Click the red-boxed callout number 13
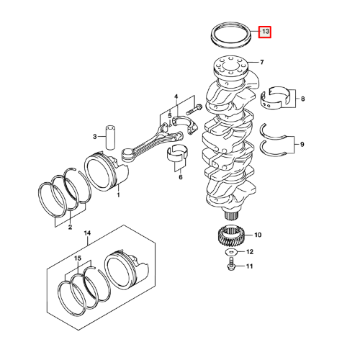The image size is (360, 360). (x=265, y=32)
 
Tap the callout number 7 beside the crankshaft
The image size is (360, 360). (x=262, y=63)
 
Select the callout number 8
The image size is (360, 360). (x=302, y=99)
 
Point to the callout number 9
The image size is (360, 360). (x=302, y=145)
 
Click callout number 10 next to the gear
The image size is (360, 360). (x=258, y=235)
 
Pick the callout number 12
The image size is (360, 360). (x=250, y=252)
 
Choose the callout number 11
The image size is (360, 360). (x=250, y=266)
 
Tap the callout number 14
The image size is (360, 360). (x=87, y=233)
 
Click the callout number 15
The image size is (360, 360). (x=78, y=258)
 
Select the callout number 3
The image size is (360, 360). (x=95, y=137)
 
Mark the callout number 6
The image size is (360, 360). (x=181, y=177)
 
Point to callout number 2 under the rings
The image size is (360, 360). (x=70, y=227)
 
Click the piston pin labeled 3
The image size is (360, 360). (x=110, y=137)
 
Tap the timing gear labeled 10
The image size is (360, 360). (x=230, y=237)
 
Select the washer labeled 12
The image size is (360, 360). (x=231, y=252)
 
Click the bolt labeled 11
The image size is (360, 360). (x=231, y=264)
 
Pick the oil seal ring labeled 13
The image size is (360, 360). (x=231, y=35)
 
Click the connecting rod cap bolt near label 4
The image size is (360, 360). (x=194, y=109)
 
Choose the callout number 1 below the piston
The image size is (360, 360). (x=118, y=194)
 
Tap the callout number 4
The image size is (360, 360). (x=176, y=97)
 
